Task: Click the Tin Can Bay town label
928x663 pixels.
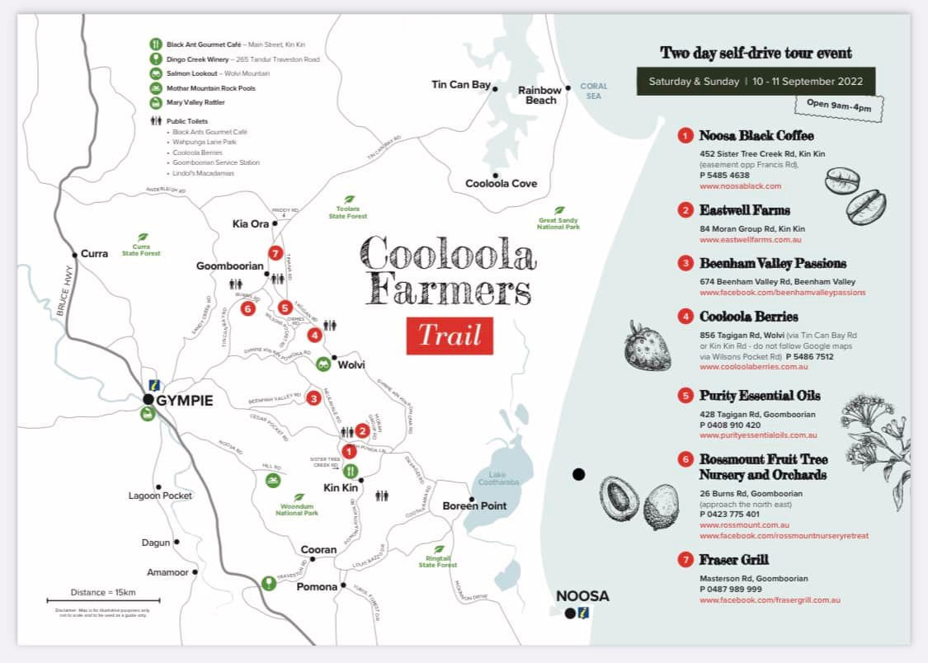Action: pos(460,84)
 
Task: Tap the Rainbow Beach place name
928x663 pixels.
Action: pos(539,95)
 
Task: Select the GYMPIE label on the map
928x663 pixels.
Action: pos(185,401)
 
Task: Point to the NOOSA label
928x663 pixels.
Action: pos(582,595)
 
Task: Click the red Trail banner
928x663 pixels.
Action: pos(450,336)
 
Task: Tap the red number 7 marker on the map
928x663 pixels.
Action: pos(276,253)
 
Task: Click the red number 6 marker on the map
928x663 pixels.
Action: pos(247,308)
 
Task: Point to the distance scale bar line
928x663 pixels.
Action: pos(103,600)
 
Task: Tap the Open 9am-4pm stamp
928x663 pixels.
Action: pos(837,106)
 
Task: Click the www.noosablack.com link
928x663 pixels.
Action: pos(740,186)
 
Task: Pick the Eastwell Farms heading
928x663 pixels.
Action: pos(745,210)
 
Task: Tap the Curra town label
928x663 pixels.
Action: pos(94,253)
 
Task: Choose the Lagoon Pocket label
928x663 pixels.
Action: pos(160,496)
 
